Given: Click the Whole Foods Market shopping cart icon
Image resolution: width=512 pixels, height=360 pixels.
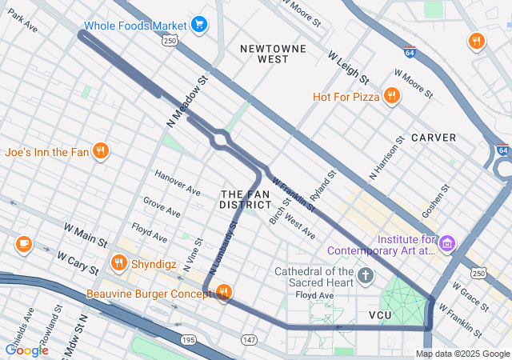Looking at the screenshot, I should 199,25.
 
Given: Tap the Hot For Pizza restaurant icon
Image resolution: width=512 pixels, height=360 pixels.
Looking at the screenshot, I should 391,97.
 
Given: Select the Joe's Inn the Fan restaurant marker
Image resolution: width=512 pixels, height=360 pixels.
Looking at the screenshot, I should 100,151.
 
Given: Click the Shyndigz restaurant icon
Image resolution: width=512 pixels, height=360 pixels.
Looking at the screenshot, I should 119,262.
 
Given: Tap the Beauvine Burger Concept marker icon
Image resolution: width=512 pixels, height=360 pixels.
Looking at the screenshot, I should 223,294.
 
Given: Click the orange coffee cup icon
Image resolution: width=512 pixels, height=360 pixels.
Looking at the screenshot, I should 23,243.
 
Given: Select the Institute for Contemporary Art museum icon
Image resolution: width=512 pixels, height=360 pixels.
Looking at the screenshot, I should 447,242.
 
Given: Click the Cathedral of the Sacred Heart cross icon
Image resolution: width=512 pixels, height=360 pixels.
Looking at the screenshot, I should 366,277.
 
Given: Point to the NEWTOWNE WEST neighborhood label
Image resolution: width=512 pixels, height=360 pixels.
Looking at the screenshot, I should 274,54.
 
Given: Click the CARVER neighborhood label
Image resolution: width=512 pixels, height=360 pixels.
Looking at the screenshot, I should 434,138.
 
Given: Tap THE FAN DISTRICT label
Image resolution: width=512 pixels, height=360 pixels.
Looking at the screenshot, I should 246,200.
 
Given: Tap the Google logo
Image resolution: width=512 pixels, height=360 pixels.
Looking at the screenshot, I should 26,350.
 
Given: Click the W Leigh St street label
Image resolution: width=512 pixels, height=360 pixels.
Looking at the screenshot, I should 348,68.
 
